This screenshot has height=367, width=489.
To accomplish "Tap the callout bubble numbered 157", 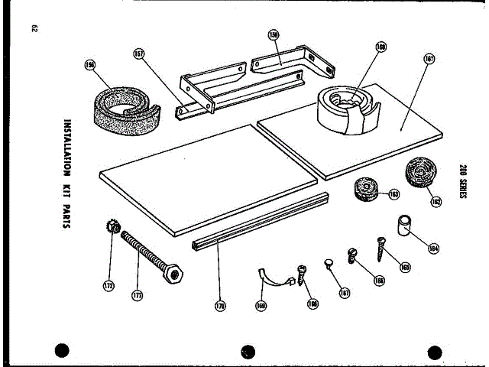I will [x=138, y=54].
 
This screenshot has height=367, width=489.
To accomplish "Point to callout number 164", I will [x=433, y=247].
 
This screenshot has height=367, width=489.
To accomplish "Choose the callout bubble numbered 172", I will [x=108, y=286].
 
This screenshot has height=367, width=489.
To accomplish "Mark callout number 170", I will [x=220, y=307].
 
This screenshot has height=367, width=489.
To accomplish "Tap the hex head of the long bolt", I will [x=174, y=272].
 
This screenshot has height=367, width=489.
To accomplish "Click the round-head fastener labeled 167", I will [x=329, y=265].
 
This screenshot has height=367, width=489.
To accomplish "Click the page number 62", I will [x=35, y=29].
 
